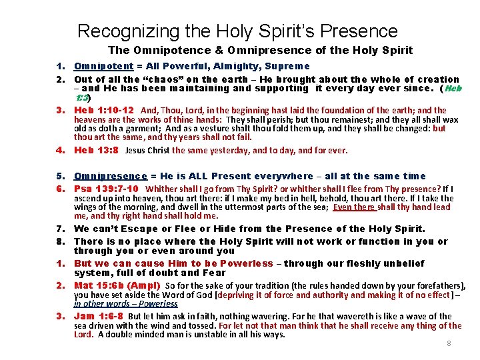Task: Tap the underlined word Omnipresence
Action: (110, 176)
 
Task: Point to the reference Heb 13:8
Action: (96, 150)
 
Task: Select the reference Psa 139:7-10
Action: (106, 189)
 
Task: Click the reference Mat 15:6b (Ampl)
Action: (117, 285)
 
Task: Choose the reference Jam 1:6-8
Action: (98, 316)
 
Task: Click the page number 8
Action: (449, 343)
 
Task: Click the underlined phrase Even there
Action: (355, 207)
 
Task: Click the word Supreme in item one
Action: (287, 66)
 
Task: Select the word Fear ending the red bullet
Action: (215, 273)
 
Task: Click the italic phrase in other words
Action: (97, 303)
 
